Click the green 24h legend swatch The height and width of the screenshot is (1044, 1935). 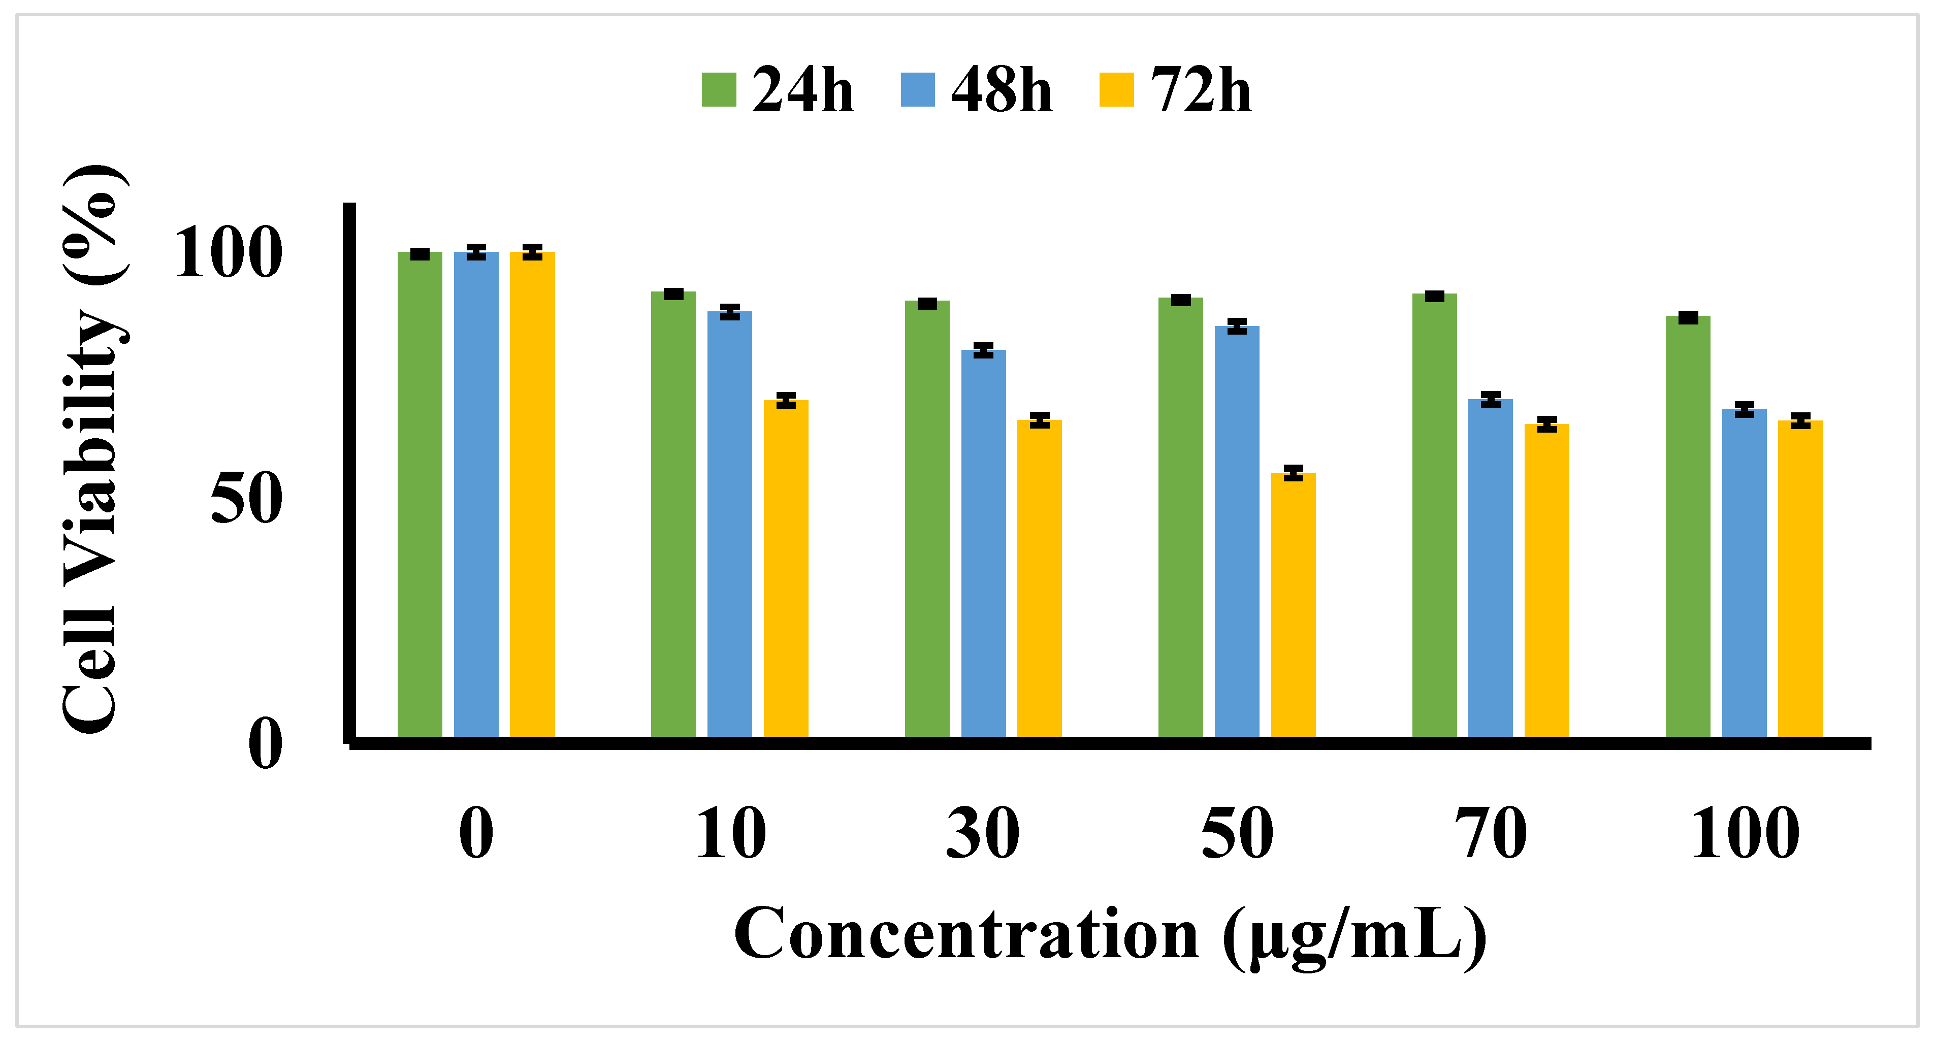(x=718, y=90)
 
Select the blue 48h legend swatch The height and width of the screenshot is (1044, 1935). (x=917, y=90)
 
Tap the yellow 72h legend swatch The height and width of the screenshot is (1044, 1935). (x=1116, y=90)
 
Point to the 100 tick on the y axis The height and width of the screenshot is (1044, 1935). (x=228, y=254)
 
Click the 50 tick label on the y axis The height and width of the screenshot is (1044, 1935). (x=246, y=500)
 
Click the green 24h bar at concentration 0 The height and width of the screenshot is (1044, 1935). (x=420, y=495)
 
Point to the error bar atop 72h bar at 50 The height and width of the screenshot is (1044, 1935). (x=1293, y=472)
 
